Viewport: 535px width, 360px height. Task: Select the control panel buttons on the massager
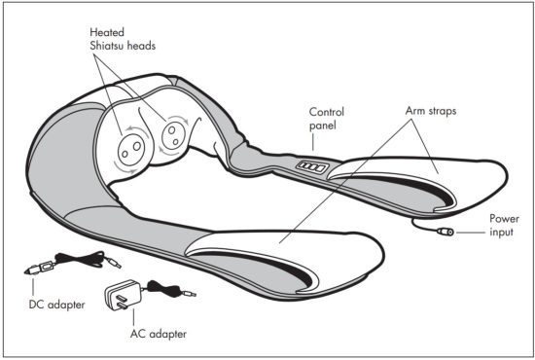coord(309,167)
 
